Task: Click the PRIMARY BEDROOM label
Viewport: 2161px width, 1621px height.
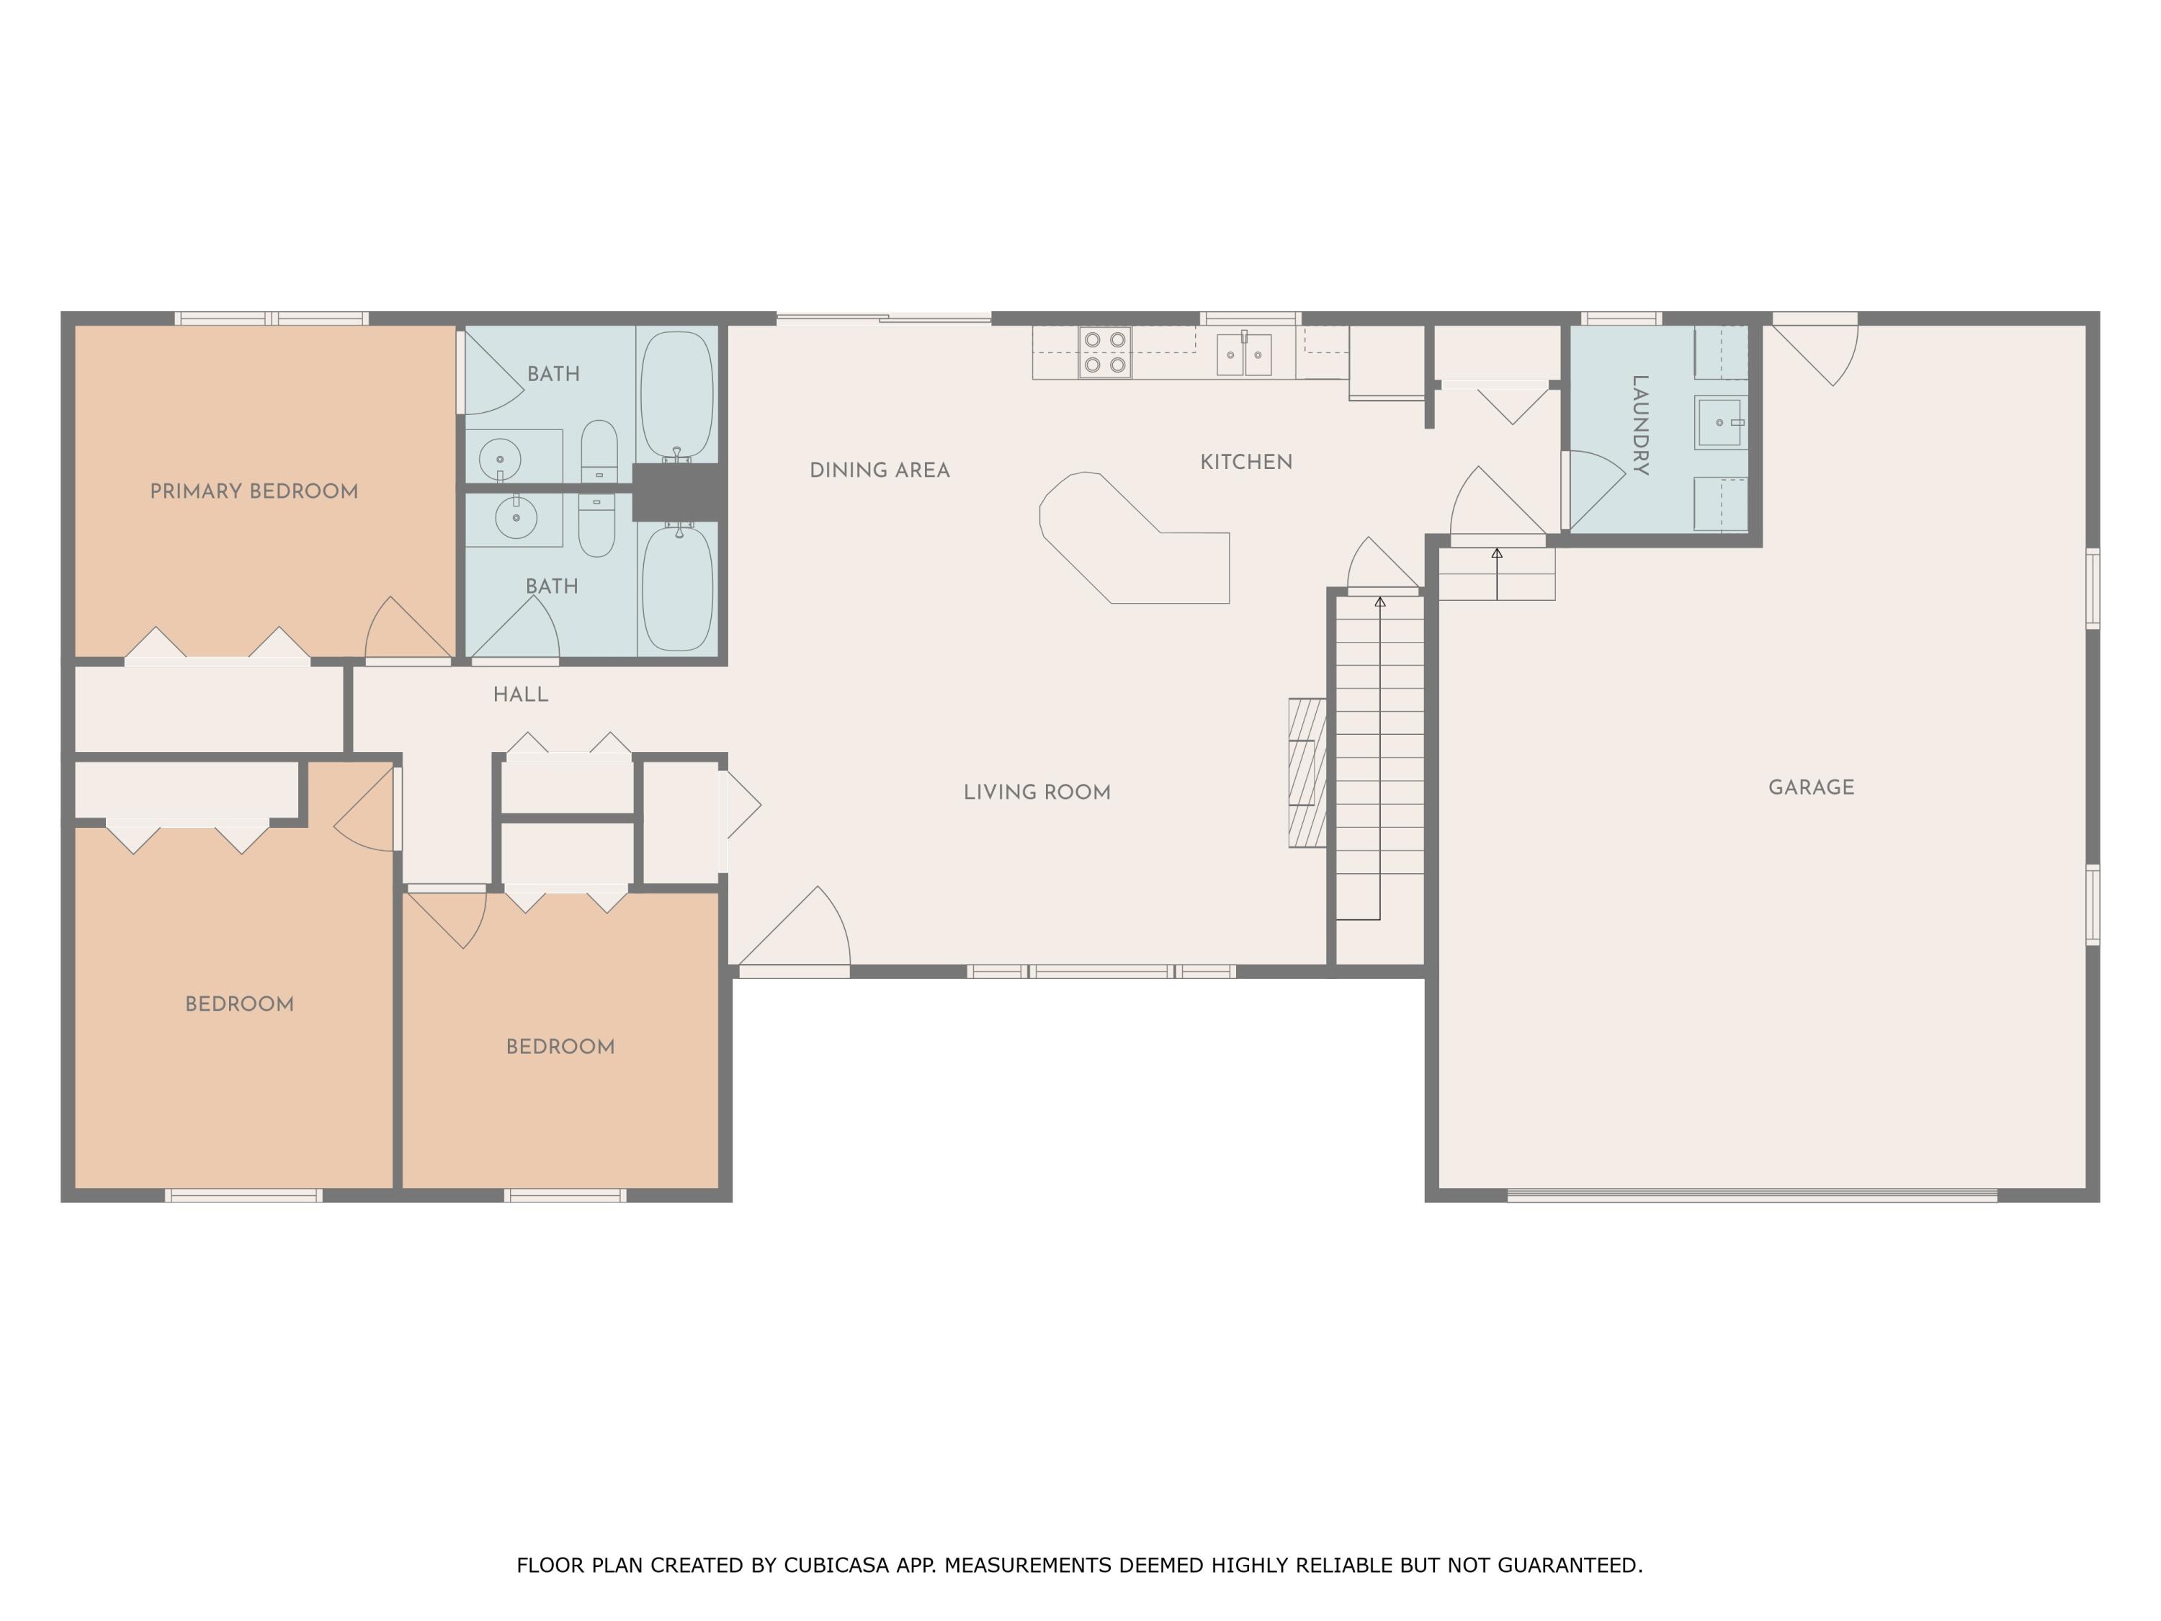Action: [x=254, y=491]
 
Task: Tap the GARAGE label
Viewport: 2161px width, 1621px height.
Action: [x=1811, y=787]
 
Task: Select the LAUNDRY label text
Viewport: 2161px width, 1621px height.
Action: [x=1640, y=425]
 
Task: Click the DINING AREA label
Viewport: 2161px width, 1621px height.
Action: [x=880, y=470]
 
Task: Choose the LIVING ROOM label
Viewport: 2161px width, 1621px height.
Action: [x=1037, y=792]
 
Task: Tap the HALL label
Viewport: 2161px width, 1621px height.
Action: [x=521, y=695]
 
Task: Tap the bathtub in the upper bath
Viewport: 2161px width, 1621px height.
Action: [x=677, y=395]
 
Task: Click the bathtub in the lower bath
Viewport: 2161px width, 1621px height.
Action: [x=677, y=588]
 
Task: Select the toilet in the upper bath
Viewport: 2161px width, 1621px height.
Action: [x=599, y=452]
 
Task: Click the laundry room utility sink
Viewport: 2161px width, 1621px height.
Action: [x=1719, y=422]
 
